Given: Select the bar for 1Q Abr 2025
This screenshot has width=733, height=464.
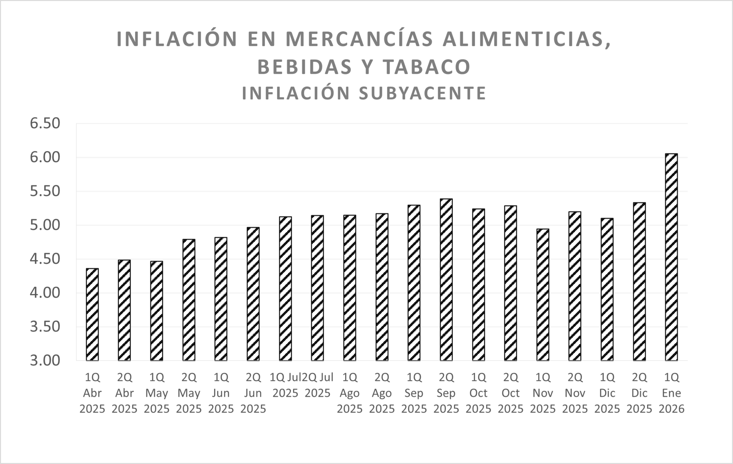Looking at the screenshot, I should pyautogui.click(x=92, y=315).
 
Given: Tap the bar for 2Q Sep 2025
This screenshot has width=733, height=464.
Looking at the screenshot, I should pyautogui.click(x=446, y=280).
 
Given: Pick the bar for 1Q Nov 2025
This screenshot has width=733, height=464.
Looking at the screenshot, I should pyautogui.click(x=542, y=295).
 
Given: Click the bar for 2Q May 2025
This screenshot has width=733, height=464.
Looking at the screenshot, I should pyautogui.click(x=189, y=300).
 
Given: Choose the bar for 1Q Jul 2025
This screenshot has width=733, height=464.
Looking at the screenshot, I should pyautogui.click(x=285, y=289).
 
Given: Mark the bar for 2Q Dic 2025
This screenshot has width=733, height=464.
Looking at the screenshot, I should pyautogui.click(x=639, y=281).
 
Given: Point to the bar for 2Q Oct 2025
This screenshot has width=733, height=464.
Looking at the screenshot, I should pyautogui.click(x=510, y=283).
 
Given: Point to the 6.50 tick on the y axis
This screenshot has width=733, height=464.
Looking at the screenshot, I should pyautogui.click(x=45, y=123).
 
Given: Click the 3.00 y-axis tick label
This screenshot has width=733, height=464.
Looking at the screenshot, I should pyautogui.click(x=45, y=361).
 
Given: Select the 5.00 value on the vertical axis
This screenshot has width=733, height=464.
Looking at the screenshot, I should pyautogui.click(x=45, y=225).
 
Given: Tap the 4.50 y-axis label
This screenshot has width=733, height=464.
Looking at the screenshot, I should pyautogui.click(x=45, y=259).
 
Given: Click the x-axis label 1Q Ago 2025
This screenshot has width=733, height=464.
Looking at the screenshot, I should pyautogui.click(x=349, y=393).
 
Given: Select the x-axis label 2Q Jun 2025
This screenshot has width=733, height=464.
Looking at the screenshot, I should pyautogui.click(x=253, y=393).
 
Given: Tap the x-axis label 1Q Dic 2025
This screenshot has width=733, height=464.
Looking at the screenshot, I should pyautogui.click(x=607, y=393).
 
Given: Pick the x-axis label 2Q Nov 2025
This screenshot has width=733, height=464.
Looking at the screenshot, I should pyautogui.click(x=575, y=393).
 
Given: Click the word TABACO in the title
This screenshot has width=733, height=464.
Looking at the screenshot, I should pyautogui.click(x=426, y=67).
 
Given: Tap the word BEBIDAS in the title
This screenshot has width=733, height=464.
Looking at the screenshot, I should pyautogui.click(x=305, y=67).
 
